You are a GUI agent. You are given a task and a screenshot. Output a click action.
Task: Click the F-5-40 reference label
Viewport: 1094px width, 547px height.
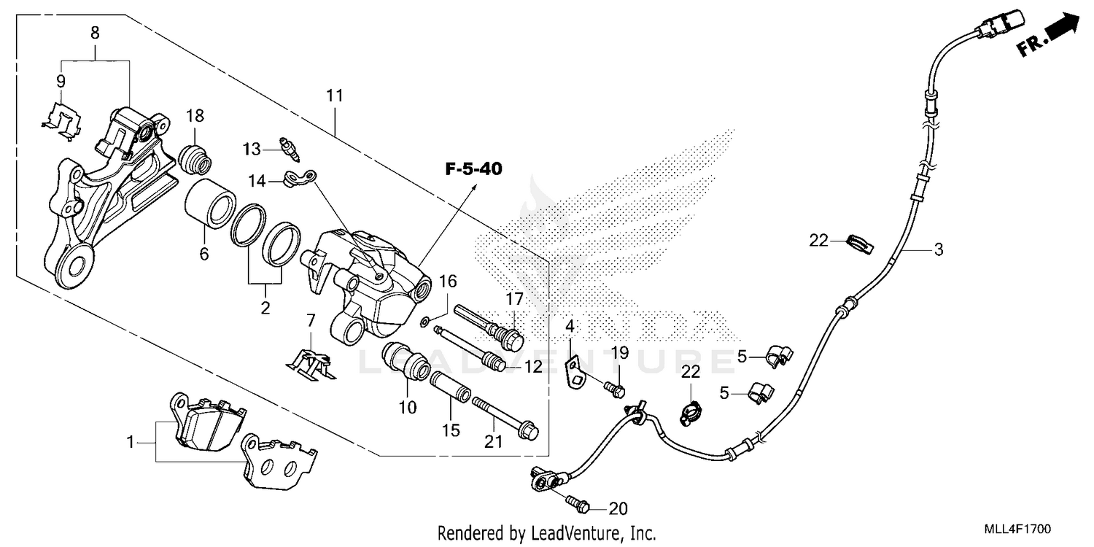pyautogui.click(x=474, y=169)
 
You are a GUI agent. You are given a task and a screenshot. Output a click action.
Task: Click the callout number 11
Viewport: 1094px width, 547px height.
pyautogui.click(x=334, y=96)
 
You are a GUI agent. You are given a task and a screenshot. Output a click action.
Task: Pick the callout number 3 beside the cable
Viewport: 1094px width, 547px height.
pyautogui.click(x=939, y=249)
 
